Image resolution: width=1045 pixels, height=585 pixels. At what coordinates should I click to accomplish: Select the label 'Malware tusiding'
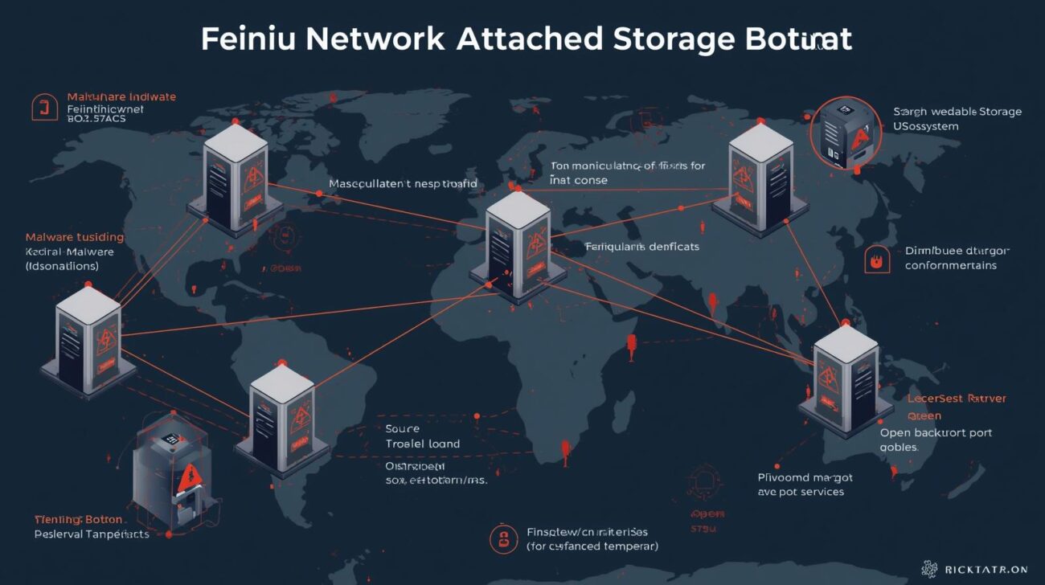click(75, 237)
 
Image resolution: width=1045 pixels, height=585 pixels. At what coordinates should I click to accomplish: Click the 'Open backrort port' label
click(936, 432)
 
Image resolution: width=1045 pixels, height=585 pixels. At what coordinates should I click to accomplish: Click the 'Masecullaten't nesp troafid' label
click(403, 184)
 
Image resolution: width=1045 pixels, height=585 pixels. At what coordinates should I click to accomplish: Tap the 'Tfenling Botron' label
click(78, 520)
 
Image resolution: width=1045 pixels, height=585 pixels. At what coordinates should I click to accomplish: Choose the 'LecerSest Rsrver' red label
click(957, 399)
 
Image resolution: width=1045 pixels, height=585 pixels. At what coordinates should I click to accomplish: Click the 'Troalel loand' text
click(423, 444)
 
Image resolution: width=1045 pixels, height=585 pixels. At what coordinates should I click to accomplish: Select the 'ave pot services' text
click(801, 492)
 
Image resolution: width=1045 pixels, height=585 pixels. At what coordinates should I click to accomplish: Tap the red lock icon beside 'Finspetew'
click(503, 538)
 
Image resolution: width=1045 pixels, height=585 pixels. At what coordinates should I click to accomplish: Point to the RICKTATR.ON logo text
click(986, 570)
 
